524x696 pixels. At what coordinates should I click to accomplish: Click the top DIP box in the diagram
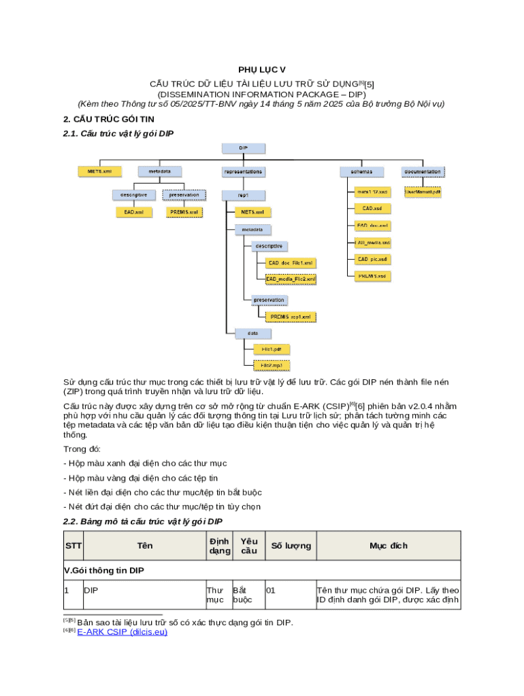[x=243, y=147]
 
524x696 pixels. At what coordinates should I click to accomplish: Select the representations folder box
[x=243, y=172]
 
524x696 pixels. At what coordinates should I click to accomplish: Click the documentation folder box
[x=423, y=172]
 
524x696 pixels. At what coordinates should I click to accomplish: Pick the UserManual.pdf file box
[x=423, y=192]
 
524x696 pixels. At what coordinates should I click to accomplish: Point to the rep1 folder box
[x=243, y=196]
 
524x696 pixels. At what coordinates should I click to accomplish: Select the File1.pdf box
[x=272, y=349]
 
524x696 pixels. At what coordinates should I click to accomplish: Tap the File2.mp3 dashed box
[x=272, y=365]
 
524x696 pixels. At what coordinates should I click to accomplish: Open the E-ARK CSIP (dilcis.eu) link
[x=122, y=632]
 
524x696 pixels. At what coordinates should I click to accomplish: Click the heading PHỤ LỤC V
[x=262, y=70]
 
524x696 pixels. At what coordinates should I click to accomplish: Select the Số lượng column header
[x=291, y=546]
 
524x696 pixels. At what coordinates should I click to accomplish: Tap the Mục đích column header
[x=389, y=546]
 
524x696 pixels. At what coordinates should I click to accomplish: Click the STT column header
[x=72, y=546]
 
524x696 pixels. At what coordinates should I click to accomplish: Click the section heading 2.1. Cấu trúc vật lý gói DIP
[x=118, y=134]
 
